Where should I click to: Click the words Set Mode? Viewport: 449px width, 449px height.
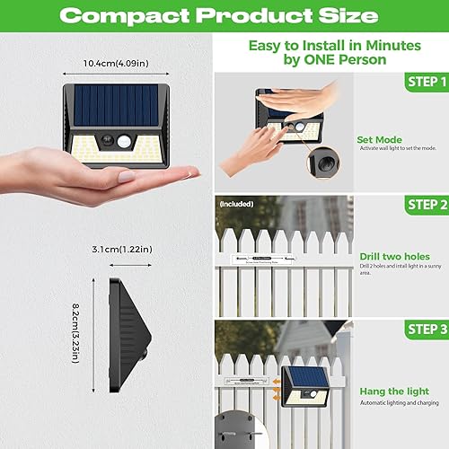pos(378,139)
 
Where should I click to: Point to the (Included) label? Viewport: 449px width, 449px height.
pos(236,204)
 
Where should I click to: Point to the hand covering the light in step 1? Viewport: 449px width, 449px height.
pos(302,106)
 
